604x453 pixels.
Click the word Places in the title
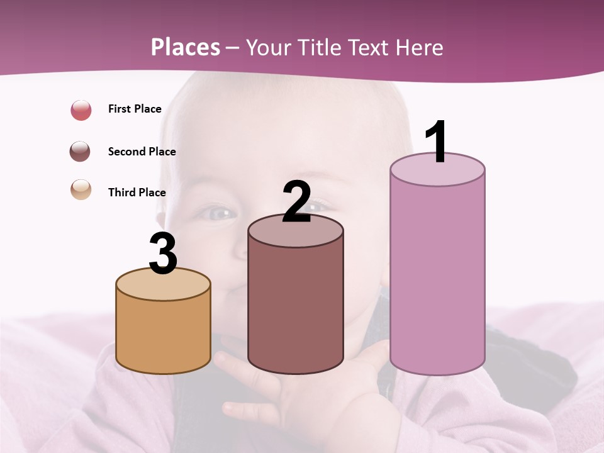point(186,47)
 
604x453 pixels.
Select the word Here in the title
point(419,47)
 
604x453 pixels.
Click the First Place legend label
point(135,109)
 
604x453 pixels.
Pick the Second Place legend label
point(142,152)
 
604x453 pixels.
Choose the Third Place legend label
point(137,193)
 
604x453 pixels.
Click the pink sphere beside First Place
point(81,110)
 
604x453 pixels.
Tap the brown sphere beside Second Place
point(81,152)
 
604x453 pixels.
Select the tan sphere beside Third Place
point(81,189)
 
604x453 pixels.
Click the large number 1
point(437,142)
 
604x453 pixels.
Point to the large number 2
point(296,203)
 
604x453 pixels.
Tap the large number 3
point(163,254)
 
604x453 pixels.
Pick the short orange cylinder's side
point(163,333)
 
